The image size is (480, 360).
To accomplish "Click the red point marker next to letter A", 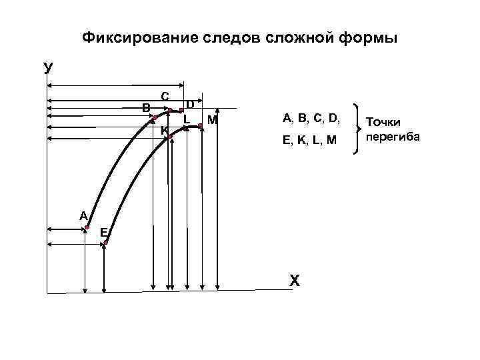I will click(87, 228).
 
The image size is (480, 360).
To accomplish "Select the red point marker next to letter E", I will click(106, 243).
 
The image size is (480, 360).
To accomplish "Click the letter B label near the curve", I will click(145, 107).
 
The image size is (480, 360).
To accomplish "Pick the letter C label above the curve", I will click(165, 96).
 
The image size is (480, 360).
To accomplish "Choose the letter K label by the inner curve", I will click(163, 130).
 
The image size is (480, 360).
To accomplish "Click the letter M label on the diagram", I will click(212, 120).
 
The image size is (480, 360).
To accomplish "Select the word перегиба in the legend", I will click(393, 137).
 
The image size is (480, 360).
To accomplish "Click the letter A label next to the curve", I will click(83, 215).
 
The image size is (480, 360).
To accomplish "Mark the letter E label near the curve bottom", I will click(103, 231).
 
